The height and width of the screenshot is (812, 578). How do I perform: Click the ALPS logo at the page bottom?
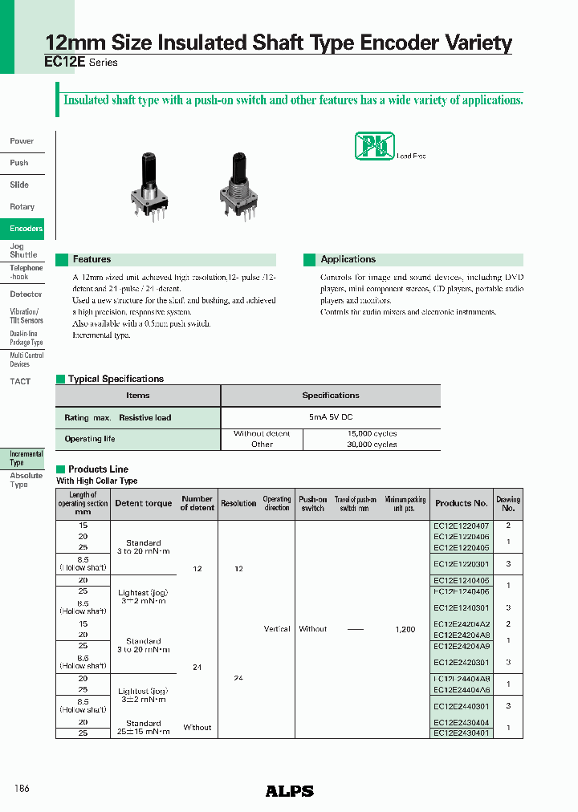tap(289, 791)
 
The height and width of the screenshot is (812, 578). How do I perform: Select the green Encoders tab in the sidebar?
tap(26, 229)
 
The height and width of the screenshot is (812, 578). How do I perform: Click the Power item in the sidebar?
tap(22, 141)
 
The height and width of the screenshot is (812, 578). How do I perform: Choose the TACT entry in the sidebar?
tap(20, 381)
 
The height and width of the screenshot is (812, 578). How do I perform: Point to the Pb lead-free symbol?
tap(374, 147)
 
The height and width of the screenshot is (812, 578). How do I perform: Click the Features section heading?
tap(92, 259)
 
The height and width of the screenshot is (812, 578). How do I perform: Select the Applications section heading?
tap(348, 259)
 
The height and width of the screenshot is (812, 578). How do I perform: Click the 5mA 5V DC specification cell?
tap(330, 417)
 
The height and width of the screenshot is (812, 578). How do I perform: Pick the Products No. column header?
tap(461, 503)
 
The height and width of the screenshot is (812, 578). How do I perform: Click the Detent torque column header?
tap(144, 503)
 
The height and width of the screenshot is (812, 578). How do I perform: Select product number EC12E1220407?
tap(461, 525)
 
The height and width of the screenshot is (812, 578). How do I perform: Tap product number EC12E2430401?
tap(461, 733)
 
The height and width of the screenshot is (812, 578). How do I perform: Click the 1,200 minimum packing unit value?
tap(405, 629)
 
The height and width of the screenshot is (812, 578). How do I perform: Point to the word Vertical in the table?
tap(277, 629)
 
